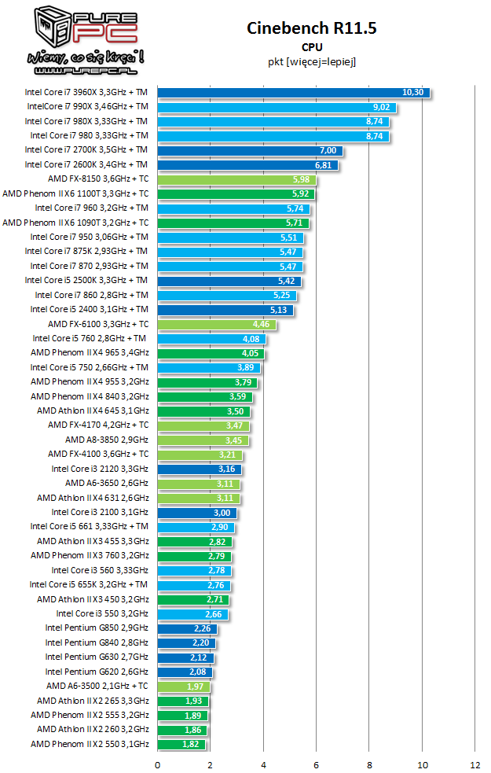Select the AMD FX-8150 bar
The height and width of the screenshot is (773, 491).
coord(236,179)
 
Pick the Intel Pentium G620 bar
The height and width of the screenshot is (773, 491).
coord(185,672)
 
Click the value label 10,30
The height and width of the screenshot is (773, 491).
coord(412,92)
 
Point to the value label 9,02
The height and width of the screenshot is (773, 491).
coord(383,107)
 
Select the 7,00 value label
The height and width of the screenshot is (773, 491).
coord(328,150)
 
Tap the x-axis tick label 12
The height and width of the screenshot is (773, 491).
coord(475,764)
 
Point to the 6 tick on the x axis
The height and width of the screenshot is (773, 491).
coord(317,764)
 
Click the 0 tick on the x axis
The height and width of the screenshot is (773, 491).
coord(158,764)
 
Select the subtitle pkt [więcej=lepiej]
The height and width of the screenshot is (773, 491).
coord(312,61)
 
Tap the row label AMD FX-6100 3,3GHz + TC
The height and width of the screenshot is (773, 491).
coord(98,324)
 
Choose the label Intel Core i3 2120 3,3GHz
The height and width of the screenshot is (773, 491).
coord(100,469)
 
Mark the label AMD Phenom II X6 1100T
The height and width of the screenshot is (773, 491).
coord(75,193)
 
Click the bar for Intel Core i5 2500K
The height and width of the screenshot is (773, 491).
coord(228,281)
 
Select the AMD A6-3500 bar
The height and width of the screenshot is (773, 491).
coord(183,686)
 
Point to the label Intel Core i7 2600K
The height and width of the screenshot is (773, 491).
coord(86,164)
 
